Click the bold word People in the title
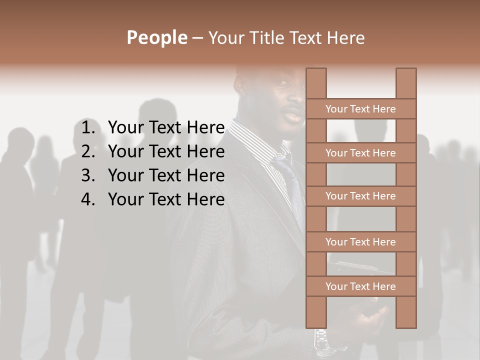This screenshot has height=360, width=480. tap(156, 37)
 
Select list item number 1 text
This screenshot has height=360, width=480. tap(166, 128)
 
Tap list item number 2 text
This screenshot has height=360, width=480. tap(166, 151)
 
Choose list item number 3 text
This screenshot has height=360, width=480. tap(166, 175)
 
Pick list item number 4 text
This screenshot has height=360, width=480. tap(166, 199)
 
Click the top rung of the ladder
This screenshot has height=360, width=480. tap(360, 109)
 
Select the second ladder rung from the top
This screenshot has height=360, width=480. tap(360, 153)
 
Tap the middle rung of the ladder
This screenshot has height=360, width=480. tap(360, 196)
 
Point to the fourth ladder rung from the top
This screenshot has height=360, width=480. tap(360, 242)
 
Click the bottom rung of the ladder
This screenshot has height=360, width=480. tap(360, 286)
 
